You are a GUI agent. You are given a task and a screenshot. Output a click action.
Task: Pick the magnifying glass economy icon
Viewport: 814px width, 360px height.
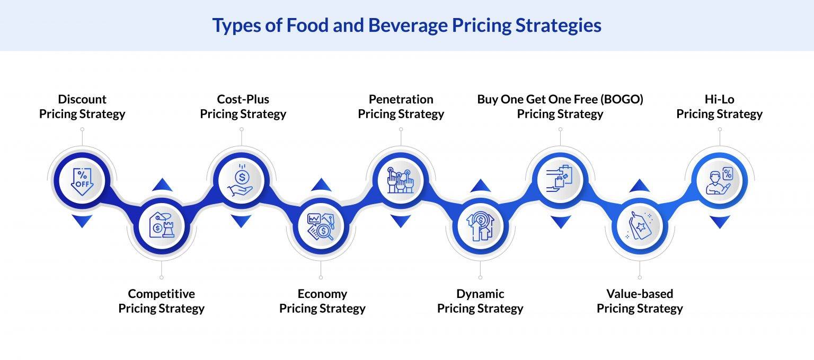point(321,226)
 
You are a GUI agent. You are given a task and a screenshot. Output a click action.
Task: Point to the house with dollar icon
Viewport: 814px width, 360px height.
point(480,226)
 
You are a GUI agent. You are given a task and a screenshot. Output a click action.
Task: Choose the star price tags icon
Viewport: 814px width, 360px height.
point(640,226)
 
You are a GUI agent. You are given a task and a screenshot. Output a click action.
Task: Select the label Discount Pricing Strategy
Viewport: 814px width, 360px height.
point(82,107)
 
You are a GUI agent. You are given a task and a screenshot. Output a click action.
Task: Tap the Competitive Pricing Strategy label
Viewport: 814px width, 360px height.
point(161,301)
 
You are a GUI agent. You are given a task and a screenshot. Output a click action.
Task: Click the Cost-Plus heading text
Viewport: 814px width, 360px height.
point(243,99)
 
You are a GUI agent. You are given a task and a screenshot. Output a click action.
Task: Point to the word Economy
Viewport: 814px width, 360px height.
point(322,294)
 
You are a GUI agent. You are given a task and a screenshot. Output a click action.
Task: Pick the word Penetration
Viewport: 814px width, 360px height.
point(401,99)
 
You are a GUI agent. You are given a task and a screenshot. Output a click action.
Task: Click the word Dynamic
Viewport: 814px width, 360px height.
point(480,294)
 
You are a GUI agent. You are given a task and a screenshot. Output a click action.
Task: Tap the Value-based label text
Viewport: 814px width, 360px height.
point(640,294)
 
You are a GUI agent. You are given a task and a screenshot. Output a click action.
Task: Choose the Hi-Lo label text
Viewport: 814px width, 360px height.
point(719,99)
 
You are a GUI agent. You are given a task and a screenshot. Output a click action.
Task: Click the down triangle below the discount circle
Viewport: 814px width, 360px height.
point(82,221)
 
